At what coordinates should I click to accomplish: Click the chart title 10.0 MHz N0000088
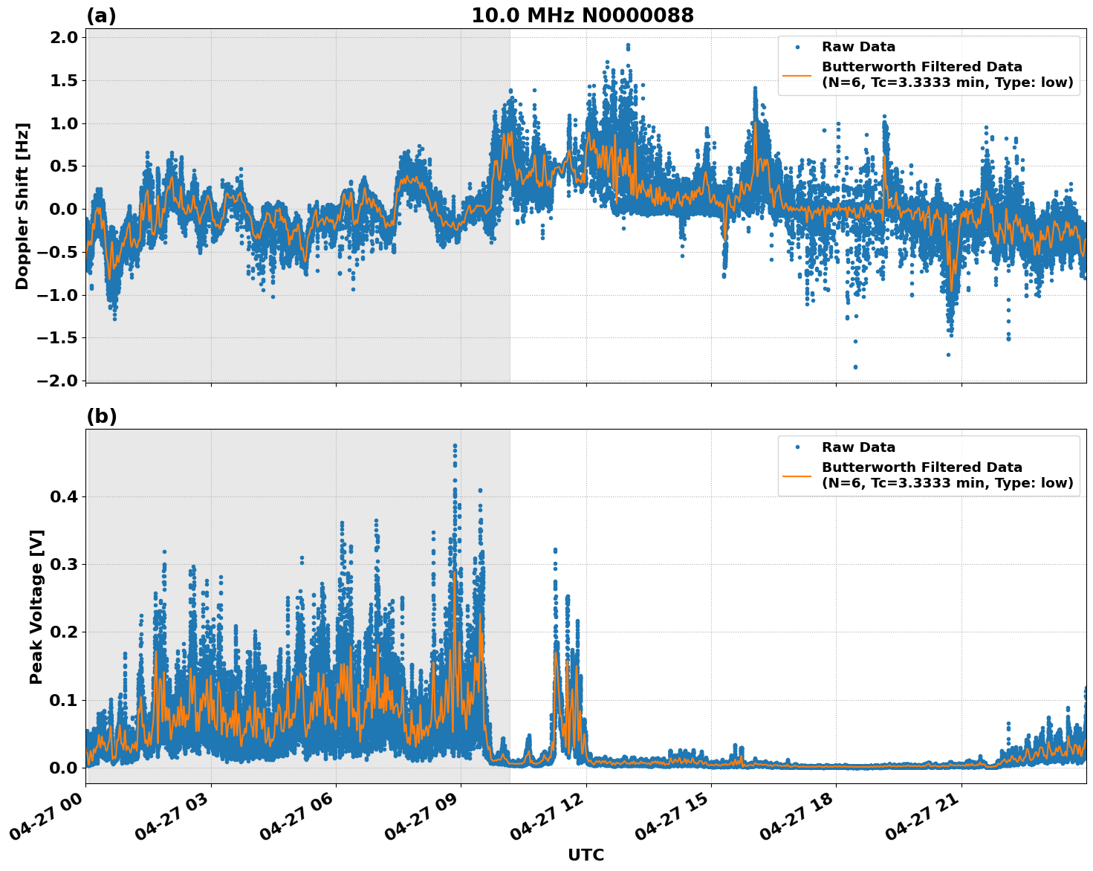pyautogui.click(x=582, y=16)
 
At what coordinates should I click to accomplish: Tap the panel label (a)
pyautogui.click(x=101, y=16)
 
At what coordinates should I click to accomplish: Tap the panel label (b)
pyautogui.click(x=101, y=416)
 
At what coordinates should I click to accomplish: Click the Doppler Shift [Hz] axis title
pyautogui.click(x=22, y=206)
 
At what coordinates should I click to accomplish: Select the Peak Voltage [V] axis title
pyautogui.click(x=36, y=606)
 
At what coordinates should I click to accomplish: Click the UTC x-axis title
pyautogui.click(x=586, y=855)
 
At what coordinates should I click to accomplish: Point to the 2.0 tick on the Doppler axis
pyautogui.click(x=62, y=38)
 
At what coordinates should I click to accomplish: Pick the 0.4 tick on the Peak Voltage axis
pyautogui.click(x=62, y=496)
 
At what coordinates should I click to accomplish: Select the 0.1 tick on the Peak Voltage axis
pyautogui.click(x=62, y=700)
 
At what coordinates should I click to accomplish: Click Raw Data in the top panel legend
pyautogui.click(x=858, y=47)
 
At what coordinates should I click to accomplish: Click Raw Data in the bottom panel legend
pyautogui.click(x=858, y=447)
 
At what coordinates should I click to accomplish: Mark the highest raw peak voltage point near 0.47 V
pyautogui.click(x=455, y=446)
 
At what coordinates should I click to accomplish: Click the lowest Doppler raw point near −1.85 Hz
pyautogui.click(x=855, y=367)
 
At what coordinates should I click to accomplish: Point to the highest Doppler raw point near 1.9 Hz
pyautogui.click(x=628, y=46)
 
